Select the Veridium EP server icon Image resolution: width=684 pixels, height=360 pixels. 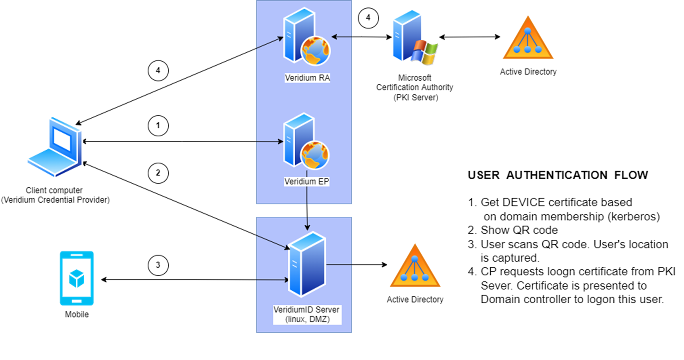pos(305,141)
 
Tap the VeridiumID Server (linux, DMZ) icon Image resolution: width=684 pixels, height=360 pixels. pos(307,264)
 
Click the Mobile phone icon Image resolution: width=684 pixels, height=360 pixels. pos(77,278)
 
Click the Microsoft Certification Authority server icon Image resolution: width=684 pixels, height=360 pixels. pos(414,38)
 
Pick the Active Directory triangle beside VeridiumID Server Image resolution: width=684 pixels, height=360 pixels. pos(415,267)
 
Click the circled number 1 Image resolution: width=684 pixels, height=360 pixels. pos(158,125)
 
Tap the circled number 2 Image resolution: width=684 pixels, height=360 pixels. pos(158,173)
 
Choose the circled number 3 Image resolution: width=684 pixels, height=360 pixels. pos(158,265)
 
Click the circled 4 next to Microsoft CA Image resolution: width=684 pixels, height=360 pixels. pos(368,18)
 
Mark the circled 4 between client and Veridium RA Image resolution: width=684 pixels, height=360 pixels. pos(158,71)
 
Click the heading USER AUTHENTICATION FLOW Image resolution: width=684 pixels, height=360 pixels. pos(558,175)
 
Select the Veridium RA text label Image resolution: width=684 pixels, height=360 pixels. pos(307,78)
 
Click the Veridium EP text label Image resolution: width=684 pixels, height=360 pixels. pos(307,182)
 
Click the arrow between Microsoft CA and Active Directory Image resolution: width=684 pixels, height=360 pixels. pos(469,37)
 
